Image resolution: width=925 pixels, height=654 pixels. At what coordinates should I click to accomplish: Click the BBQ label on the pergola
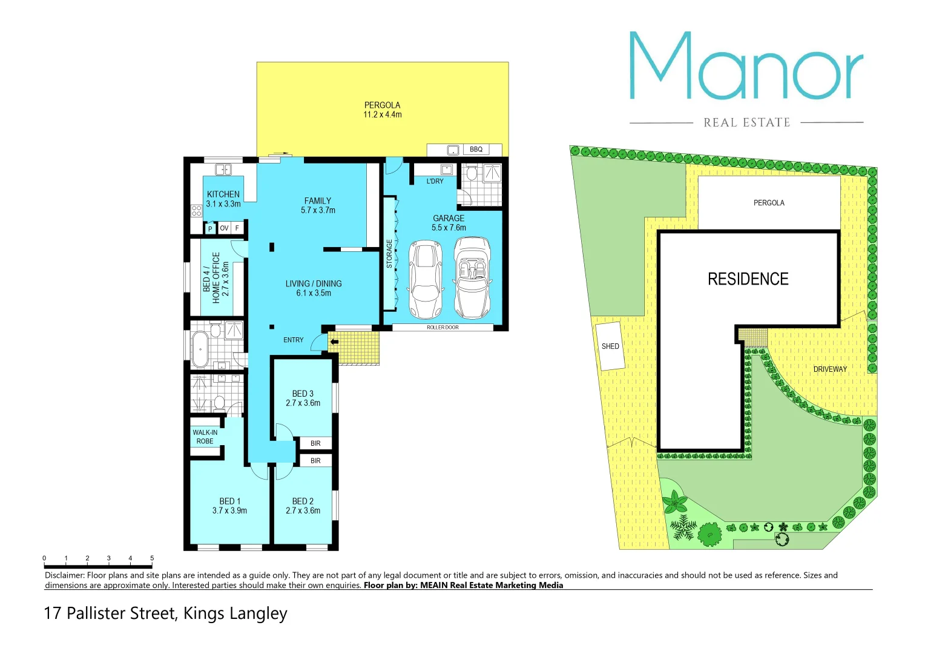pos(476,150)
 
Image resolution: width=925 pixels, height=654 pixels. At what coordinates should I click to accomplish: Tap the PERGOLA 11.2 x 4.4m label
pos(382,110)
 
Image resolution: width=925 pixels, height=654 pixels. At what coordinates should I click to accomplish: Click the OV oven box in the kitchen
pos(224,228)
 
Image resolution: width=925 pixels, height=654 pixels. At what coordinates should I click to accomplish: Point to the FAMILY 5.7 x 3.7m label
pos(318,205)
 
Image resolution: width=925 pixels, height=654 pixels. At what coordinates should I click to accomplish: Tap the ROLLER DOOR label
pos(443,328)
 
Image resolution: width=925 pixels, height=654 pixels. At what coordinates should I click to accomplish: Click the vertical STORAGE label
pos(389,254)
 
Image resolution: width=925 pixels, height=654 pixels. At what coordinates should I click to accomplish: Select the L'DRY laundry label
pos(435,181)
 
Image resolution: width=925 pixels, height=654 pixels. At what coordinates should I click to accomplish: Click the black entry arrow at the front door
pos(334,342)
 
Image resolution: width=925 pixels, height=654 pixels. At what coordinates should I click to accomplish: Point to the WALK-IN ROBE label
pos(205,437)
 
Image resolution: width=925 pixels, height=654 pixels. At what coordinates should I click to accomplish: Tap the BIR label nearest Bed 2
pos(315,461)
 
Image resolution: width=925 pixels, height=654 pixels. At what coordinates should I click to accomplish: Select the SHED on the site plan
pos(610,346)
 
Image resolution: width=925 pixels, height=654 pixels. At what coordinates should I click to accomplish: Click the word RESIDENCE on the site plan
pos(748,279)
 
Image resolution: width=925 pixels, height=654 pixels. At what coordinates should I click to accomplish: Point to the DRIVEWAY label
pos(830,369)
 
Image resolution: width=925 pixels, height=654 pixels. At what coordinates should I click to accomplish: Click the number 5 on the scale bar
pos(152,558)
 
